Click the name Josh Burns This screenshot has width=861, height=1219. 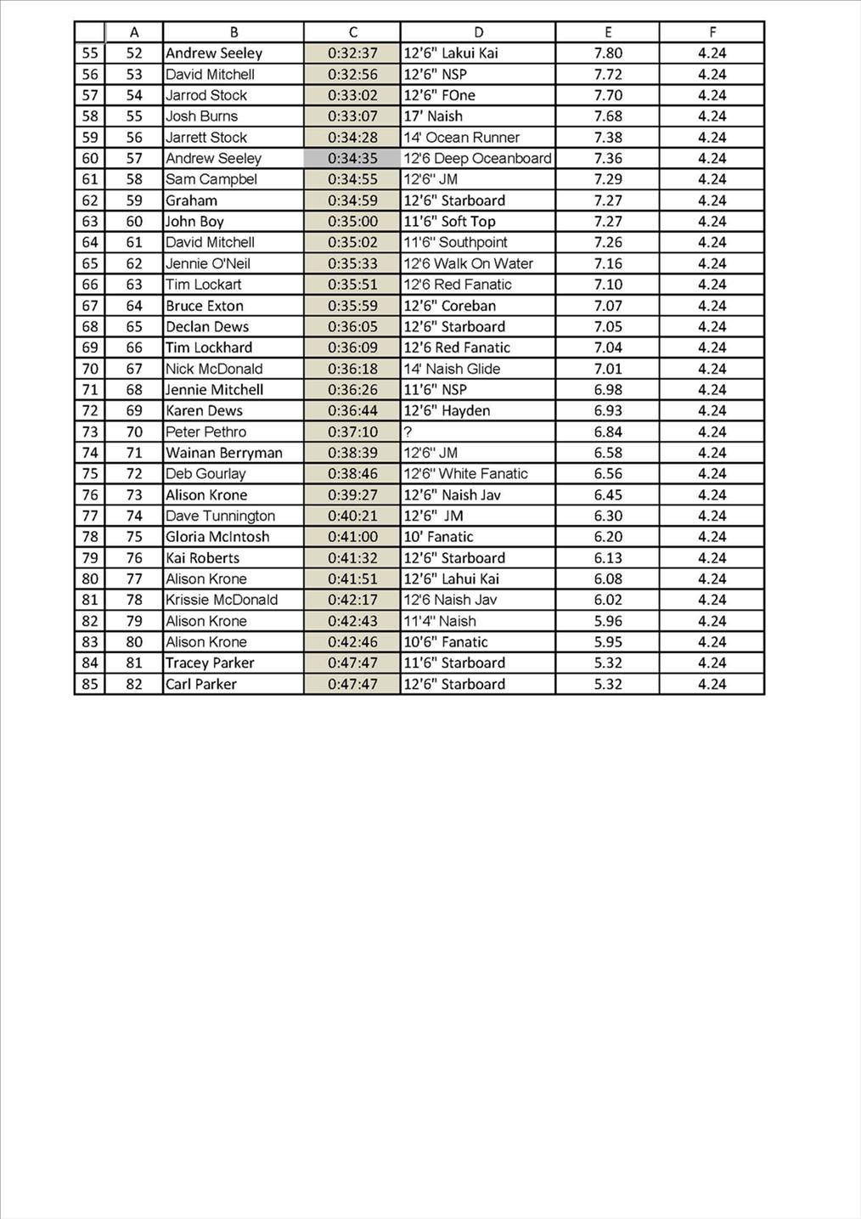[201, 116]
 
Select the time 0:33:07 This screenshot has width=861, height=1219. [352, 116]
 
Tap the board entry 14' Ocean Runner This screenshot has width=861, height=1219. [461, 138]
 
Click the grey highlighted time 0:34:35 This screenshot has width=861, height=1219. [352, 158]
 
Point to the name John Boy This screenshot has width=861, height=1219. [194, 222]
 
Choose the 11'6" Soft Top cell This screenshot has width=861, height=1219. [449, 222]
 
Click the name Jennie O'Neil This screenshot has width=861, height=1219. [207, 263]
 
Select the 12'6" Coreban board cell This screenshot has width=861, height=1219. [449, 306]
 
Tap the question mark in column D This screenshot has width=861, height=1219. [408, 432]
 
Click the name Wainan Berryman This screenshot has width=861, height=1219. [223, 453]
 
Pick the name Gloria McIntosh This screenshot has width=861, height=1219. [217, 537]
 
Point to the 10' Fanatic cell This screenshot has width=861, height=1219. [438, 537]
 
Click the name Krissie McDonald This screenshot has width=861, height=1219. [221, 600]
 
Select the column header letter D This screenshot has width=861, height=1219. [478, 32]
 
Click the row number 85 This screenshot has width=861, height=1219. [90, 684]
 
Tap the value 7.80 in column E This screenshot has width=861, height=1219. [608, 53]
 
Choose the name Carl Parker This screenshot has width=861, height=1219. [200, 684]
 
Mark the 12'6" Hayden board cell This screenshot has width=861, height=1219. [447, 410]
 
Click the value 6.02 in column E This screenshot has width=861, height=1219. [608, 600]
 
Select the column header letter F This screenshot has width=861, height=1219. [712, 32]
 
